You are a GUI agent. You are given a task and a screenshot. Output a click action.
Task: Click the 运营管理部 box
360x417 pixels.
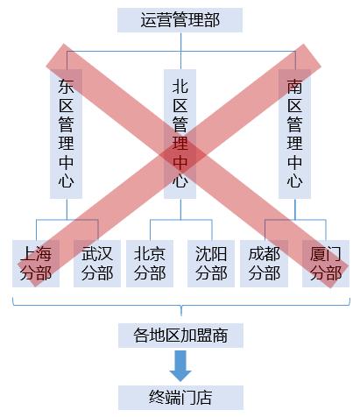click(x=180, y=18)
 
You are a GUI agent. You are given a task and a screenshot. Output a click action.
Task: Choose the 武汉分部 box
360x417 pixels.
click(x=95, y=263)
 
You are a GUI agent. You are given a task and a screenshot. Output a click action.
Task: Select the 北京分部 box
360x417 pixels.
click(x=151, y=263)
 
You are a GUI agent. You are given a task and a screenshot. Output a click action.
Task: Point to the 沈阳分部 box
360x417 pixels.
click(x=210, y=263)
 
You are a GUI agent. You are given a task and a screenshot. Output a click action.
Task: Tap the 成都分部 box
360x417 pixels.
click(x=265, y=263)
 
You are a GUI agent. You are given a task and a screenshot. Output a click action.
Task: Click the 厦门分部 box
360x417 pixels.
click(x=325, y=263)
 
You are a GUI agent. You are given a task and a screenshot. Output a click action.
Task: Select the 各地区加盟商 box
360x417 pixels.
click(x=180, y=336)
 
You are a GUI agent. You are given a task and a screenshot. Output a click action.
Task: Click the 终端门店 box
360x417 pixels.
click(x=180, y=397)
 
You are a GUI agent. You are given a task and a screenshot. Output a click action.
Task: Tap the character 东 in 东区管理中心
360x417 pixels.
click(x=66, y=87)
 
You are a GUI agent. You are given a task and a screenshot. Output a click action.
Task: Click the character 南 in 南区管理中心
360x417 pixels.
click(x=295, y=87)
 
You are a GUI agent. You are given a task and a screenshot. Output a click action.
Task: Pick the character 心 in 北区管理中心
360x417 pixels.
click(x=180, y=182)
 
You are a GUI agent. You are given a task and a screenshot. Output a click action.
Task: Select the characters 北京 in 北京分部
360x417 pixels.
click(x=151, y=253)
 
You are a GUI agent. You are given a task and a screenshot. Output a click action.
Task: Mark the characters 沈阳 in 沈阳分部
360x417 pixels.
click(x=210, y=253)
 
